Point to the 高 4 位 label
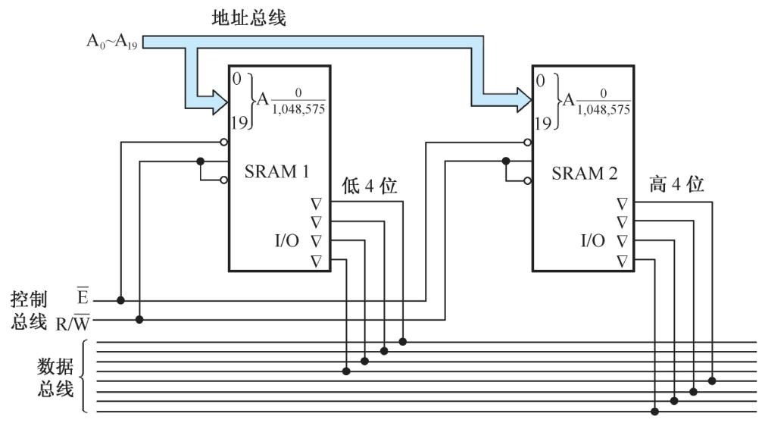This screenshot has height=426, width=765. point(676,184)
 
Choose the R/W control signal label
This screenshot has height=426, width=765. point(73,324)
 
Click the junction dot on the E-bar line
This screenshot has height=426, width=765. point(121,300)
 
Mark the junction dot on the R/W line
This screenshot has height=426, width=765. point(139,319)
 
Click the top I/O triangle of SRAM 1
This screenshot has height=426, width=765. point(317,203)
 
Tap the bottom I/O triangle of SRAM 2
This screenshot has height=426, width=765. point(622,261)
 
